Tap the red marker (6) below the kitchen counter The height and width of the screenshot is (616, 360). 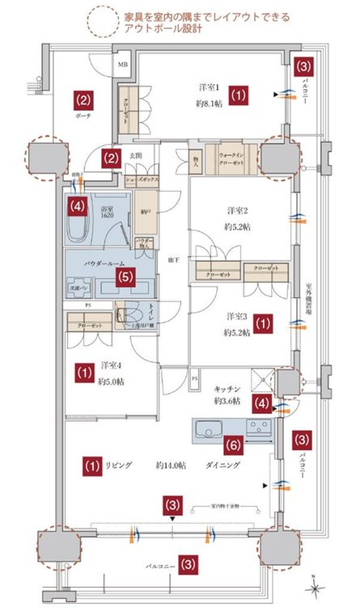231,444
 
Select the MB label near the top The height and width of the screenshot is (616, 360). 123,63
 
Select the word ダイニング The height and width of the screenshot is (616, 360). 226,466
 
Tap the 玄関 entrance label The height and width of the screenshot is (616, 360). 136,156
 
